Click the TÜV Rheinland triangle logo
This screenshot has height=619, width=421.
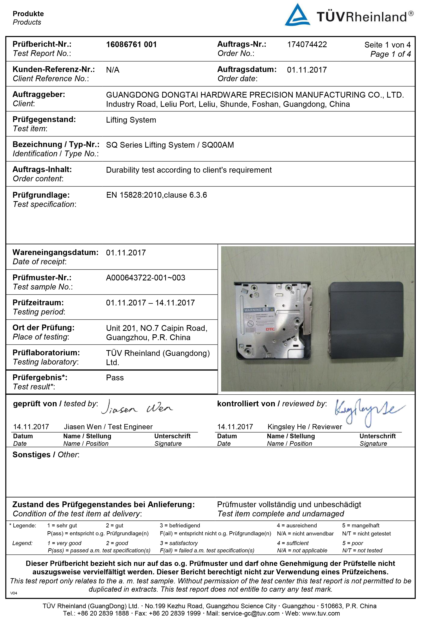click(x=297, y=15)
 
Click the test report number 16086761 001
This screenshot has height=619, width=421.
click(x=131, y=44)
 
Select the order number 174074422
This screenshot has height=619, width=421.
click(x=307, y=44)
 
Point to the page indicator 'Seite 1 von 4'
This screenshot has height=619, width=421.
click(x=387, y=45)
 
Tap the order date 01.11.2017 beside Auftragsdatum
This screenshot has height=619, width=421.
click(x=307, y=70)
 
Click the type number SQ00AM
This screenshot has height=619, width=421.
click(x=218, y=145)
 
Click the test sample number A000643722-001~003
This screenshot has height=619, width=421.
click(x=145, y=278)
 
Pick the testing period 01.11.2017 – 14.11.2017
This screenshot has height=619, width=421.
click(x=150, y=303)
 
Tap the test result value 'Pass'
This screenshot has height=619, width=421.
click(x=115, y=378)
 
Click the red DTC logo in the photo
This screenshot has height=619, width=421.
click(x=270, y=329)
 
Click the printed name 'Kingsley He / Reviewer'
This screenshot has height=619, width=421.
click(x=305, y=427)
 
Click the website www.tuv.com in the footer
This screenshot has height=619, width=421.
click(x=321, y=613)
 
